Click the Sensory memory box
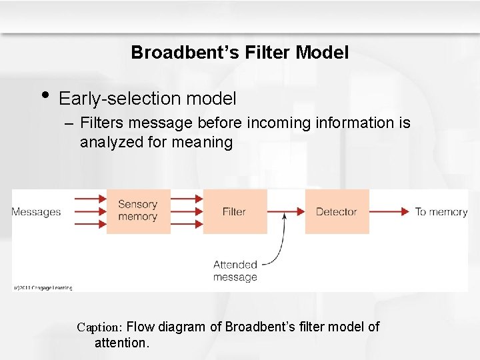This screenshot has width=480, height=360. pos(138,211)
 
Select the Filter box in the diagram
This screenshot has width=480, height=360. pos(235,211)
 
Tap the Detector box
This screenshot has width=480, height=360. pos(337,211)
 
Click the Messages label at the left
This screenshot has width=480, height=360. pos(36,212)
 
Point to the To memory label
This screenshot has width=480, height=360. pos(441,212)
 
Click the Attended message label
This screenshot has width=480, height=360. pos(235,271)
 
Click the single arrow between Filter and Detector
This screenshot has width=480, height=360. pos(286,211)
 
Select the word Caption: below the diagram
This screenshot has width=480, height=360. pos(99,327)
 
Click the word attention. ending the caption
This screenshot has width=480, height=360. pos(122,343)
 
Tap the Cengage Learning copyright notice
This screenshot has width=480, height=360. pos(42,288)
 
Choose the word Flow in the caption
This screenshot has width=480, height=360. pos(140,327)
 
